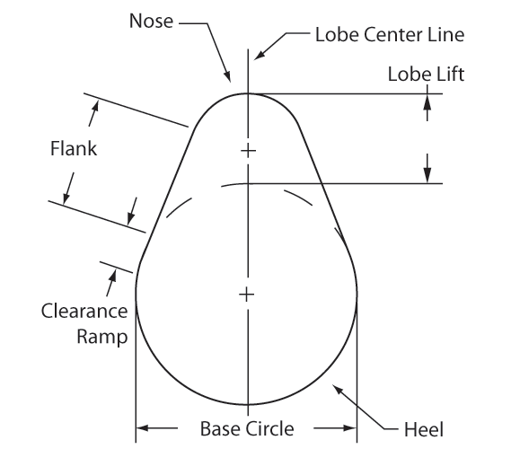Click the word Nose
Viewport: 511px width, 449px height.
point(151,21)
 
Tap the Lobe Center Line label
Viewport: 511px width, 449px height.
point(390,34)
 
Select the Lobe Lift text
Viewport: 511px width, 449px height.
point(426,74)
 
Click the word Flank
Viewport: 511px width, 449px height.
point(74,148)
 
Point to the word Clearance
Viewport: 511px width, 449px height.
point(84,311)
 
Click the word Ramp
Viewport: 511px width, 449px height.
point(102,337)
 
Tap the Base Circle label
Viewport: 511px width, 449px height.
point(247,428)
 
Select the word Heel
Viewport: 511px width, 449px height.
point(424,429)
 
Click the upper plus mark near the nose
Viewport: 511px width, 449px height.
point(249,151)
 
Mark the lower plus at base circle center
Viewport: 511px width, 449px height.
point(247,295)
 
